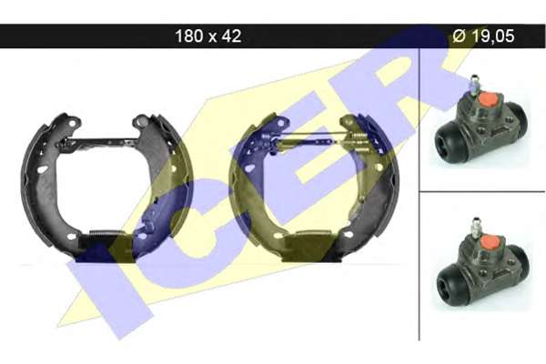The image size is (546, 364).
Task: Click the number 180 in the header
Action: pos(189,35)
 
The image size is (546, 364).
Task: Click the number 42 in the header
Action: pos(230,35)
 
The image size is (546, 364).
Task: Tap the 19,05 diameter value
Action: pos(491,35)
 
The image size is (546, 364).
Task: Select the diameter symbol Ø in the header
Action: pos(459,35)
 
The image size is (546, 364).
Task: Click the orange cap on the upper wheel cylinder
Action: pos(488,99)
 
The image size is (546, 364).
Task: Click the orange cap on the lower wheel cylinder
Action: pos(490,242)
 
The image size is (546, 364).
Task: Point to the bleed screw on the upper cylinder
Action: pos(473,85)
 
